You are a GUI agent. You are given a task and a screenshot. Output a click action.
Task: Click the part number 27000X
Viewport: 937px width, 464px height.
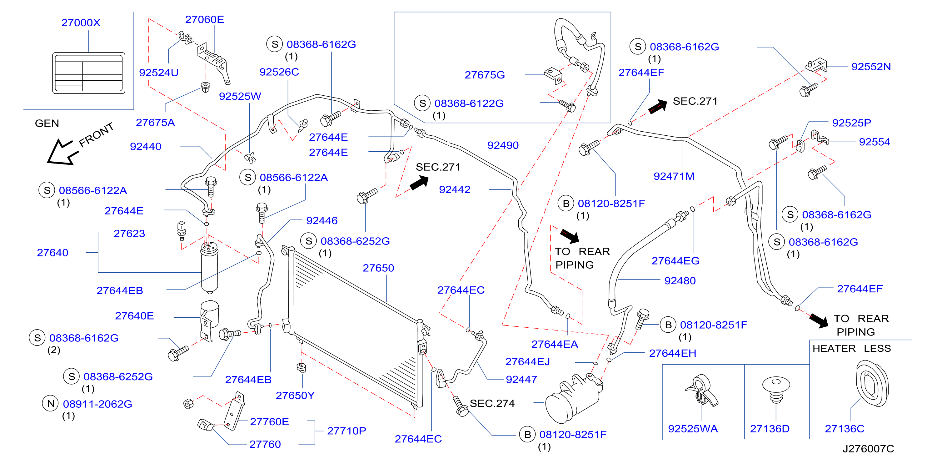[x=81, y=23]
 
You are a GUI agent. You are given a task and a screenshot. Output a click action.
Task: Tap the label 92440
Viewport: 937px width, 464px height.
[x=146, y=146]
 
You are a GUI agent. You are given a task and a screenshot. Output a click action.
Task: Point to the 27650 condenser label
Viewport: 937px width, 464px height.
[x=378, y=268]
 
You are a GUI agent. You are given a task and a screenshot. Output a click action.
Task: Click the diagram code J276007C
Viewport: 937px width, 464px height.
[x=868, y=449]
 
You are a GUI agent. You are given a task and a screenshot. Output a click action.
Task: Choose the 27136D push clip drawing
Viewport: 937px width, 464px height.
[x=776, y=390]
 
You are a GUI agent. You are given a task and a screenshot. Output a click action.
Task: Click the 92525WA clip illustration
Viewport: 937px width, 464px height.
[x=701, y=391]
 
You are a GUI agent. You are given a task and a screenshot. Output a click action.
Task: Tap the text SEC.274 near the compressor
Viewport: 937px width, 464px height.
[x=492, y=403]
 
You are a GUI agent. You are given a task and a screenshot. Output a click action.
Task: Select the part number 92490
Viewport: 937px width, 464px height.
[x=503, y=145]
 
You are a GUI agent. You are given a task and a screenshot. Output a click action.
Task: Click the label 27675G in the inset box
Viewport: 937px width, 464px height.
[x=485, y=75]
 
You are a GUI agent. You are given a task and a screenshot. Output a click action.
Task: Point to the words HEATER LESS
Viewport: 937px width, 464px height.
[x=851, y=348]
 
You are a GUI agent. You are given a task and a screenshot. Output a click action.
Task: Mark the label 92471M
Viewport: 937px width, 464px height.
[x=674, y=176]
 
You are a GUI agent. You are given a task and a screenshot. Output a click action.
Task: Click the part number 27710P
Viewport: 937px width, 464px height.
[x=346, y=431]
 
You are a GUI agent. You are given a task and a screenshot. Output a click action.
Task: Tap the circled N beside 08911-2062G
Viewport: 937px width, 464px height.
[x=51, y=404]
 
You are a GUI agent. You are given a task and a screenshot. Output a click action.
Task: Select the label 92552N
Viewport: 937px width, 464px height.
[x=871, y=67]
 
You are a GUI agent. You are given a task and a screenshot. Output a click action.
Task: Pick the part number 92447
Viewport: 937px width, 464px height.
[x=521, y=380]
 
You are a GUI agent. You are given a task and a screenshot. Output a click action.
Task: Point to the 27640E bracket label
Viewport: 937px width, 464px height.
[x=134, y=315]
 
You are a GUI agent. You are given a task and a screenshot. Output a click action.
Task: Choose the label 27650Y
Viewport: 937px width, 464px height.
[x=295, y=395]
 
